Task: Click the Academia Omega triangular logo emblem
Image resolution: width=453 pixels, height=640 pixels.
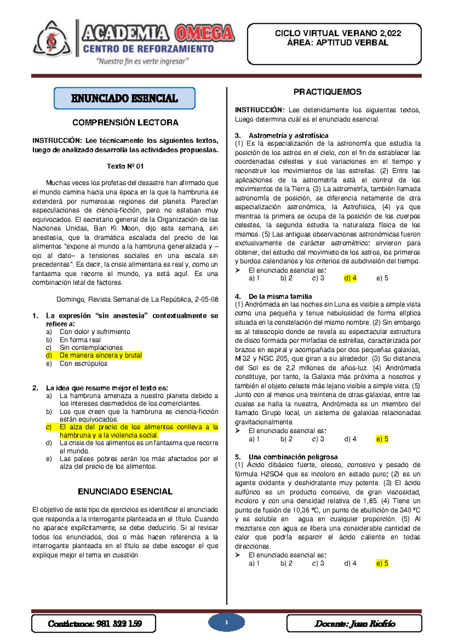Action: click(52, 40)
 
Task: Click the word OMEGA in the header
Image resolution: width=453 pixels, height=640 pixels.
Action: click(204, 34)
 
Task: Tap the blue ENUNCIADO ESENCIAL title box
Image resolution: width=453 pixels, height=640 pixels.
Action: click(125, 98)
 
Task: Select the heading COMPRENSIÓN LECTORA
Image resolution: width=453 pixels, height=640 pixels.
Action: click(125, 123)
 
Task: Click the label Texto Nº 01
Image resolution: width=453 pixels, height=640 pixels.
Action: click(125, 166)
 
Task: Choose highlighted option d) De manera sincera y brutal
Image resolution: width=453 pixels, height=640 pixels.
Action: click(100, 355)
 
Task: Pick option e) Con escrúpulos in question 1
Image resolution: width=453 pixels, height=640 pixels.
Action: click(83, 364)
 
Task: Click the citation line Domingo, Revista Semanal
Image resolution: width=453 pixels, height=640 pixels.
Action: click(137, 300)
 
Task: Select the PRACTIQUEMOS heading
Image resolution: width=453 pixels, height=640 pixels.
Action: click(327, 92)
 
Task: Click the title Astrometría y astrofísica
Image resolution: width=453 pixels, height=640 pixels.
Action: click(288, 135)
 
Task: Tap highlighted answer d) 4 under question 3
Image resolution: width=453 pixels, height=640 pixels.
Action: click(350, 278)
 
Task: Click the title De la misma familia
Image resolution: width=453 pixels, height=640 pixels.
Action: click(280, 297)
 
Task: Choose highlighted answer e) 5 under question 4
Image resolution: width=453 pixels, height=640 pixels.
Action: click(382, 439)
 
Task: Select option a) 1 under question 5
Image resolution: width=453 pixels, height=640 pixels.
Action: click(254, 563)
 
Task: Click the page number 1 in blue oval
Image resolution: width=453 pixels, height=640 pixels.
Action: click(226, 623)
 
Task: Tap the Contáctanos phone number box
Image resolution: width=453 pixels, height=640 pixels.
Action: click(94, 623)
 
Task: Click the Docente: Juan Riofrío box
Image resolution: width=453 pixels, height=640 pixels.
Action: click(354, 623)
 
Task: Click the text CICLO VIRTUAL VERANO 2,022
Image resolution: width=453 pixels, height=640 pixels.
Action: click(337, 34)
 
